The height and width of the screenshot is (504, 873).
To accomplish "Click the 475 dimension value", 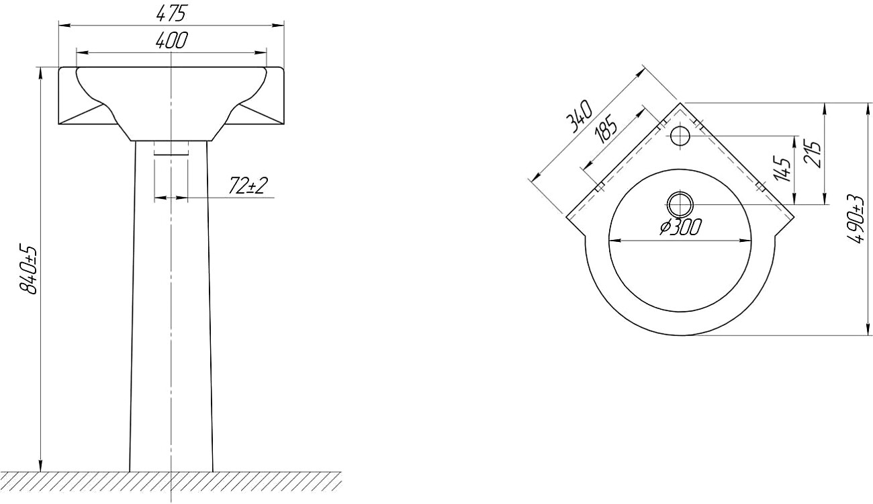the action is coord(171,13).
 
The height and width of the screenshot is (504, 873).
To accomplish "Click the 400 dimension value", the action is coord(171,40).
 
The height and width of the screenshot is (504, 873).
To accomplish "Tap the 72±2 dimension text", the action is coord(248,185).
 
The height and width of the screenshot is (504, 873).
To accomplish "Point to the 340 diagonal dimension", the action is coord(581,117).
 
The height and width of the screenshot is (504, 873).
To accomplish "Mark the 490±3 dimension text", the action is coord(858,219).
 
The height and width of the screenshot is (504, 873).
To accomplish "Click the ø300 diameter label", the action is coord(680,227).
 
